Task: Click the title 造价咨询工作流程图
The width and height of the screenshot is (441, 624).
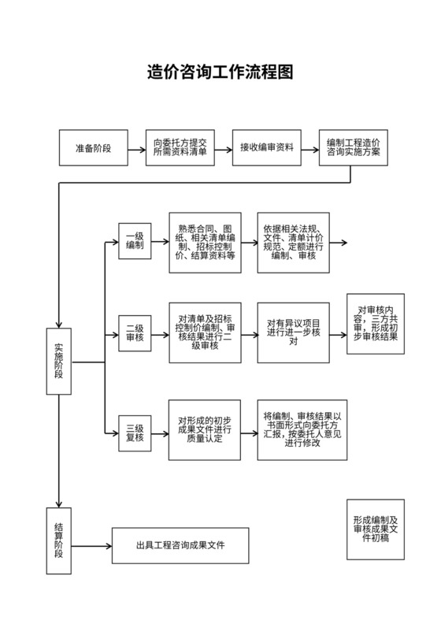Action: pos(220,72)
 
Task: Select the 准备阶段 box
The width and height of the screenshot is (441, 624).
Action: pos(93,148)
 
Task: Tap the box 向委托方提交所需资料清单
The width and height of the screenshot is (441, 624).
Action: pos(180,148)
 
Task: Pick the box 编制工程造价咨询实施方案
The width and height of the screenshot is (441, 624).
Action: pos(354,148)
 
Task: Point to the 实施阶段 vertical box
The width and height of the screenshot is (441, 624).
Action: pos(59,361)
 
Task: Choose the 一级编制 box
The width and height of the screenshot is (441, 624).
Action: pos(134,240)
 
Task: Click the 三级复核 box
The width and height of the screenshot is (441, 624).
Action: pos(134,432)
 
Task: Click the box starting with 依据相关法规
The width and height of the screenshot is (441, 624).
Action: pos(293,242)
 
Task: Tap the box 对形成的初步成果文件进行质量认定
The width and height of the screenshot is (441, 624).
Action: pos(205,429)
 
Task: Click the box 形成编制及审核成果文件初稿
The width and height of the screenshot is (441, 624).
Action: pos(376,529)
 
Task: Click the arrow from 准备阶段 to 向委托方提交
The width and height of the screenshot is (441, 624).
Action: pos(136,148)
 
